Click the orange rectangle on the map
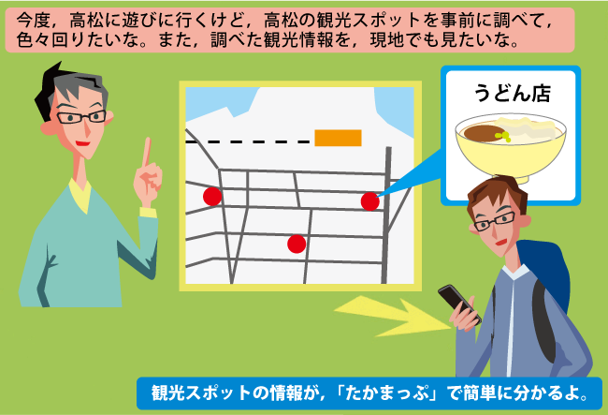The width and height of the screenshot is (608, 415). point(338,138)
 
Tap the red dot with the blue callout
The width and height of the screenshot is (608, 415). point(369,201)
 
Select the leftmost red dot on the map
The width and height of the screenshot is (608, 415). point(212,196)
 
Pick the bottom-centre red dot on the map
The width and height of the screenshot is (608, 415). point(297,244)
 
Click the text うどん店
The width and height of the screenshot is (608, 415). point(513,93)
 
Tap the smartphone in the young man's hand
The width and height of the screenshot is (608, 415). point(458,302)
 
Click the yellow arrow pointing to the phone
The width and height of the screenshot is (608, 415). point(392,315)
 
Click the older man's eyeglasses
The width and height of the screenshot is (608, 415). point(81,116)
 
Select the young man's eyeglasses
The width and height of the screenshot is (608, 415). point(494,221)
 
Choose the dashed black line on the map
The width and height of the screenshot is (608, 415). point(248,141)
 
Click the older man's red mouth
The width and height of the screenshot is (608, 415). point(82,143)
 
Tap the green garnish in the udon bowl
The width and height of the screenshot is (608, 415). point(502,136)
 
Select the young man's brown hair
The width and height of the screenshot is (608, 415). point(498,193)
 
